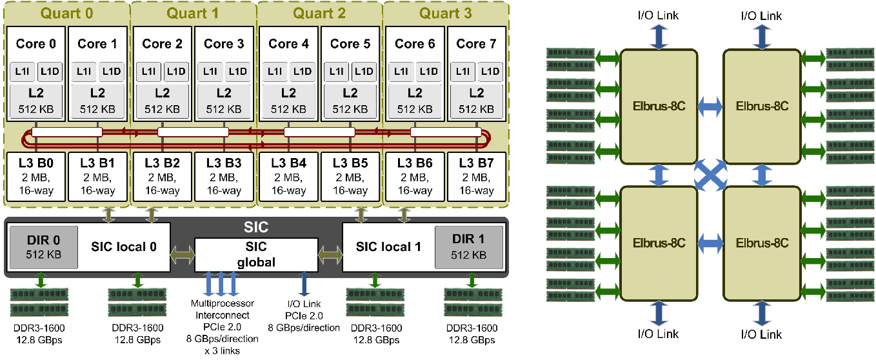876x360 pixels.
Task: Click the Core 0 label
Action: tap(35, 44)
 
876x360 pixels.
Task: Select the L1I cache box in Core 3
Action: tap(211, 71)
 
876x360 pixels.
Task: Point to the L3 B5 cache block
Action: tap(351, 176)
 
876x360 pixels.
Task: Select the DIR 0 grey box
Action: tap(43, 246)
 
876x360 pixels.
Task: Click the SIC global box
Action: tap(256, 254)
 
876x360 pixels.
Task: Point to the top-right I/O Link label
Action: tap(761, 15)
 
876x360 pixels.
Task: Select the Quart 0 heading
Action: tap(66, 13)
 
